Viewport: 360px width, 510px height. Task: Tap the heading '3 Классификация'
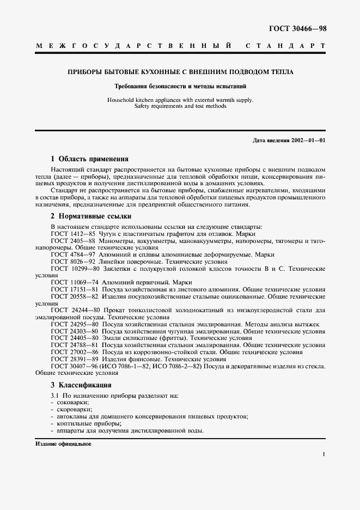(81, 385)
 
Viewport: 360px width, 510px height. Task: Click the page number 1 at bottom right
(324, 454)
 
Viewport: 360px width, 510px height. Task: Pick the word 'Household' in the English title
(121, 100)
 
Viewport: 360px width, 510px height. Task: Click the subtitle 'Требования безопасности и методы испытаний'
(180, 86)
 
